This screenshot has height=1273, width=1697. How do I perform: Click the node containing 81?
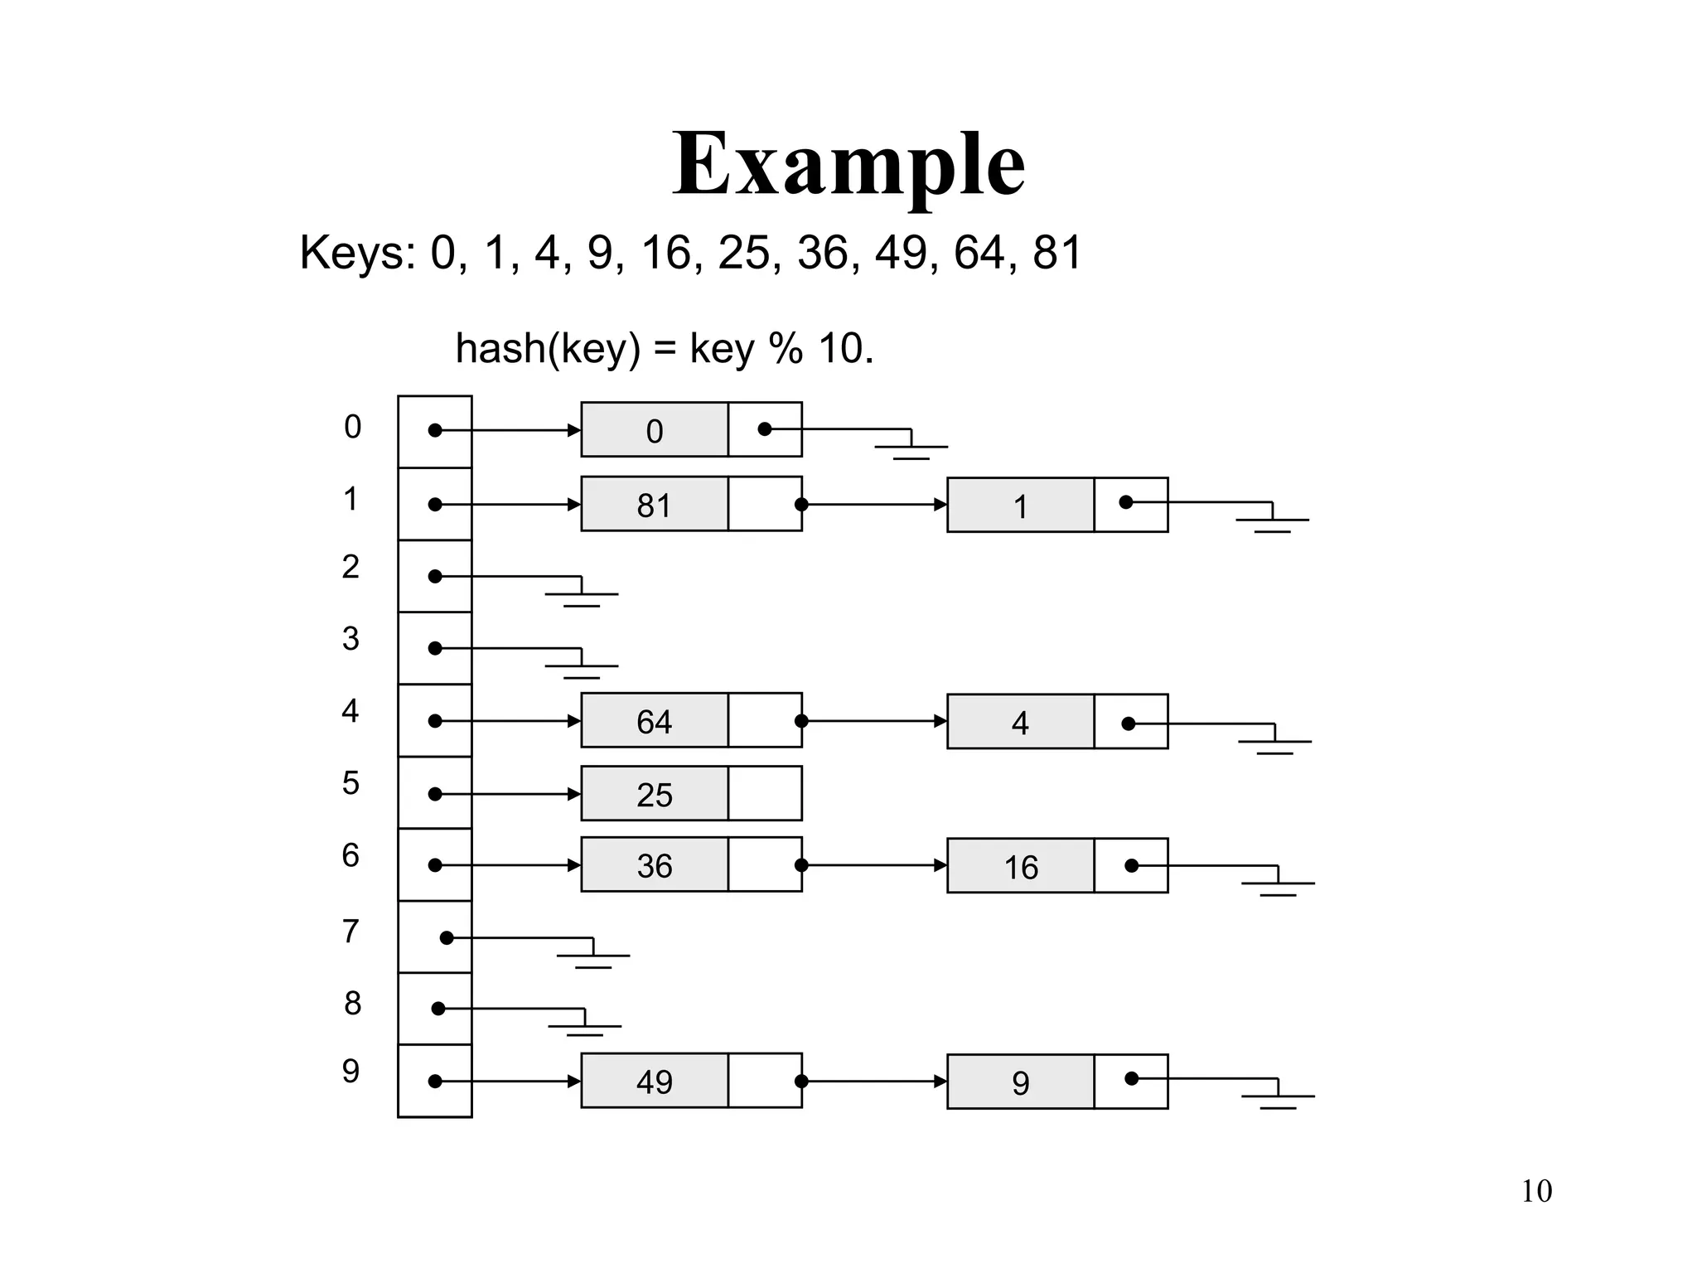coord(655,504)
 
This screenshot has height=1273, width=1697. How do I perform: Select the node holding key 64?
coord(655,721)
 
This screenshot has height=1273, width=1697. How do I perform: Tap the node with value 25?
coord(655,794)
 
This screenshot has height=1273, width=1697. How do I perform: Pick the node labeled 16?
coord(1021,866)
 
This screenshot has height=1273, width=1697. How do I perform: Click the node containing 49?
coord(655,1081)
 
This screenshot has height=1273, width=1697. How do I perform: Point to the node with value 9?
coord(1021,1082)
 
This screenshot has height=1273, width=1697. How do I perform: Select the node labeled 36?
coord(655,865)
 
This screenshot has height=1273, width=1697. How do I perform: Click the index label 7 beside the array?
coord(351,932)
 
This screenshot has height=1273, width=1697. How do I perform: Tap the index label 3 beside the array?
coord(351,639)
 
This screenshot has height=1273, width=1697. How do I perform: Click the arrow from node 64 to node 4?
coord(874,721)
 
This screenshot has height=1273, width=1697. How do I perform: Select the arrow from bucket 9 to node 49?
coord(507,1082)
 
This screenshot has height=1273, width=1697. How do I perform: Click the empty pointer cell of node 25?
coord(765,794)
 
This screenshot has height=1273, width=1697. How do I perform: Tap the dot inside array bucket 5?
coord(435,794)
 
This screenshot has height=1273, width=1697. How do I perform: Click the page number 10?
coord(1536,1192)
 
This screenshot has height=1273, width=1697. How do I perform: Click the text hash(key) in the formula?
coord(548,348)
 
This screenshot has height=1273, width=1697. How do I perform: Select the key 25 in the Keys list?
coord(743,252)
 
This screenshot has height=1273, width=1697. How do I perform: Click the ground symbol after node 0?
coord(911,448)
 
